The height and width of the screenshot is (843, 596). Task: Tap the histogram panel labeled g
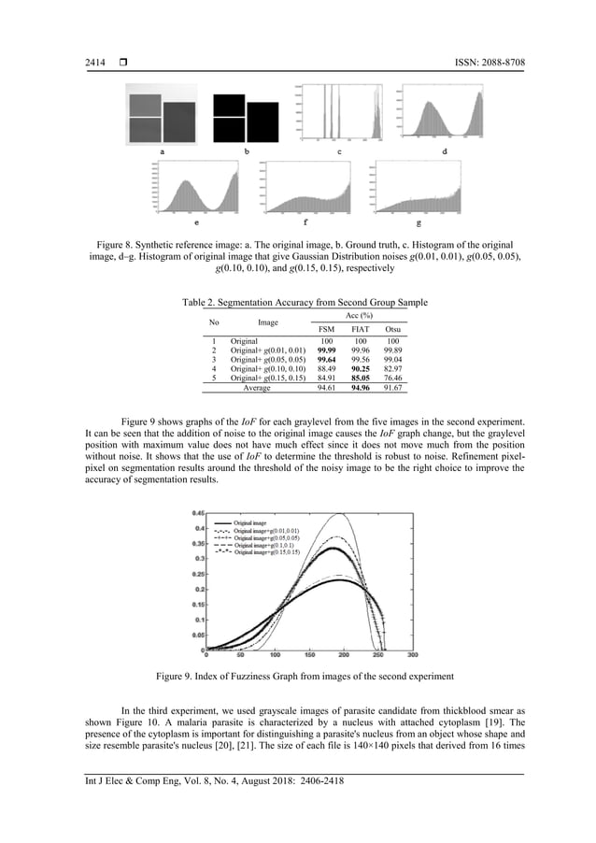pos(418,192)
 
